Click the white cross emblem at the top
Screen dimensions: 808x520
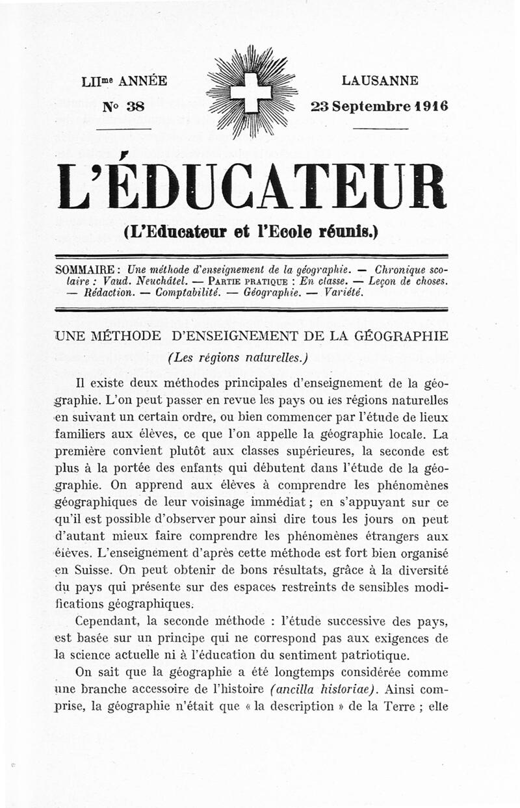pos(251,92)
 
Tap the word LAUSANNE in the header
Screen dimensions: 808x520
pos(380,81)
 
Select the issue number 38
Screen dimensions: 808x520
pos(135,106)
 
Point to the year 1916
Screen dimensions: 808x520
pos(430,106)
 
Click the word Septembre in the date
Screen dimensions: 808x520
pos(370,106)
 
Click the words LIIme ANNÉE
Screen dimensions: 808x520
pos(124,81)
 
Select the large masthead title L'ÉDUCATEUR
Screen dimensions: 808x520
pos(252,187)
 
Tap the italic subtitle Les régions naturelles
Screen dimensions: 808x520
pos(237,357)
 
